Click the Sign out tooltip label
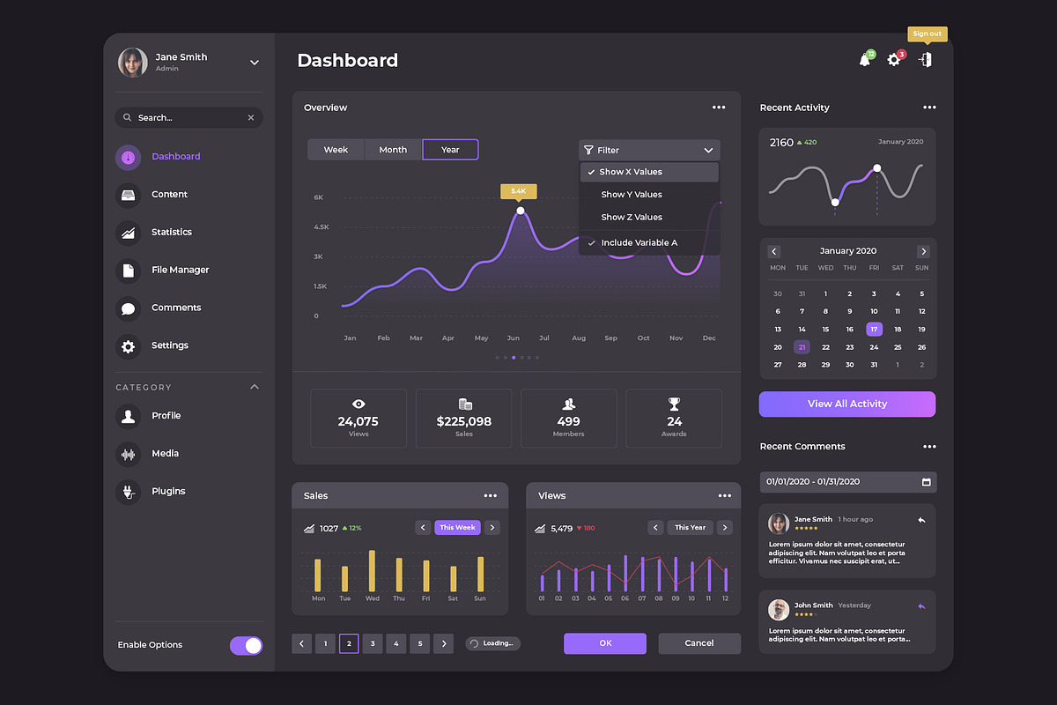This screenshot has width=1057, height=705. point(927,33)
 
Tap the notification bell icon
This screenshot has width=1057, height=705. point(865,60)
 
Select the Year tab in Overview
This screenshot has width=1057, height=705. point(450,150)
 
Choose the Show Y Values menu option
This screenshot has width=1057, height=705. point(631,195)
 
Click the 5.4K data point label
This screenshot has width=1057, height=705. point(518,190)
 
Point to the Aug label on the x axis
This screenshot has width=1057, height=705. point(578,338)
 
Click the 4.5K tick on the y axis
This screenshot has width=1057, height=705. point(322,227)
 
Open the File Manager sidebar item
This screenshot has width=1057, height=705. point(180,270)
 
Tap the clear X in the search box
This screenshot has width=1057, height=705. point(250,117)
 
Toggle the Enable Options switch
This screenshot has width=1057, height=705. point(246,646)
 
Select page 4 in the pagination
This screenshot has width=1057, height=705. point(396,644)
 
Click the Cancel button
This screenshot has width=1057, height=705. point(699,643)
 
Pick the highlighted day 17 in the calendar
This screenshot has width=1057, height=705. point(874,330)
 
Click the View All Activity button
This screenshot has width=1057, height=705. point(847,404)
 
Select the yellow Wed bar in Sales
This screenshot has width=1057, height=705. point(372,571)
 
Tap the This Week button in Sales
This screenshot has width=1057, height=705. point(457,528)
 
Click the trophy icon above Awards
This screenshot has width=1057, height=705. point(674,404)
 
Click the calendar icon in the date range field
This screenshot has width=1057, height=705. point(926,482)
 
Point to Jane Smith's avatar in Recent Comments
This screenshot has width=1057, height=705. point(779,523)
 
